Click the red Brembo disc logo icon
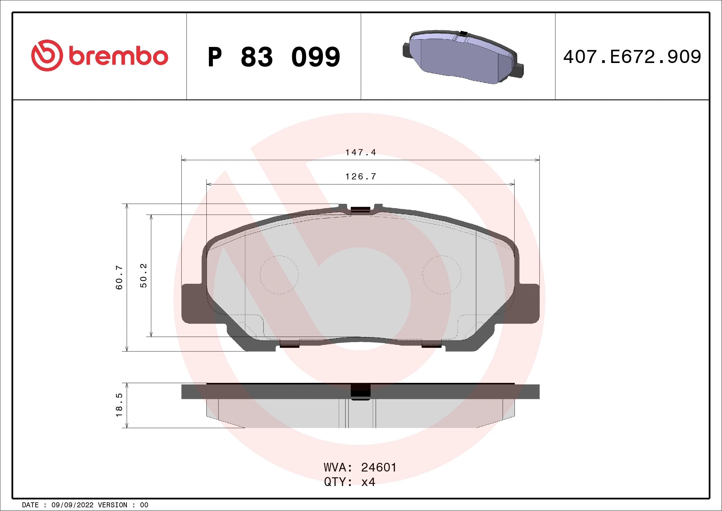pos(47,55)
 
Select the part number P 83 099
pos(274,57)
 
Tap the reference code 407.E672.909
pos(632,57)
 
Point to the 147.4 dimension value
pos(360,153)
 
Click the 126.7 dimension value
pos(360,177)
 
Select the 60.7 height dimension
pos(119,277)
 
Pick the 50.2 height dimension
pos(143,276)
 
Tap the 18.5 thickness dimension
pos(119,405)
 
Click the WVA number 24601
pos(379,467)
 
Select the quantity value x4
pos(368,482)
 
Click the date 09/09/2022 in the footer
pos(72,505)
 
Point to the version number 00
pos(144,505)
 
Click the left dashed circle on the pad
pos(279,275)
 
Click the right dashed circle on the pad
pos(442,275)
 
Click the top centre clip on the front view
pos(360,210)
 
